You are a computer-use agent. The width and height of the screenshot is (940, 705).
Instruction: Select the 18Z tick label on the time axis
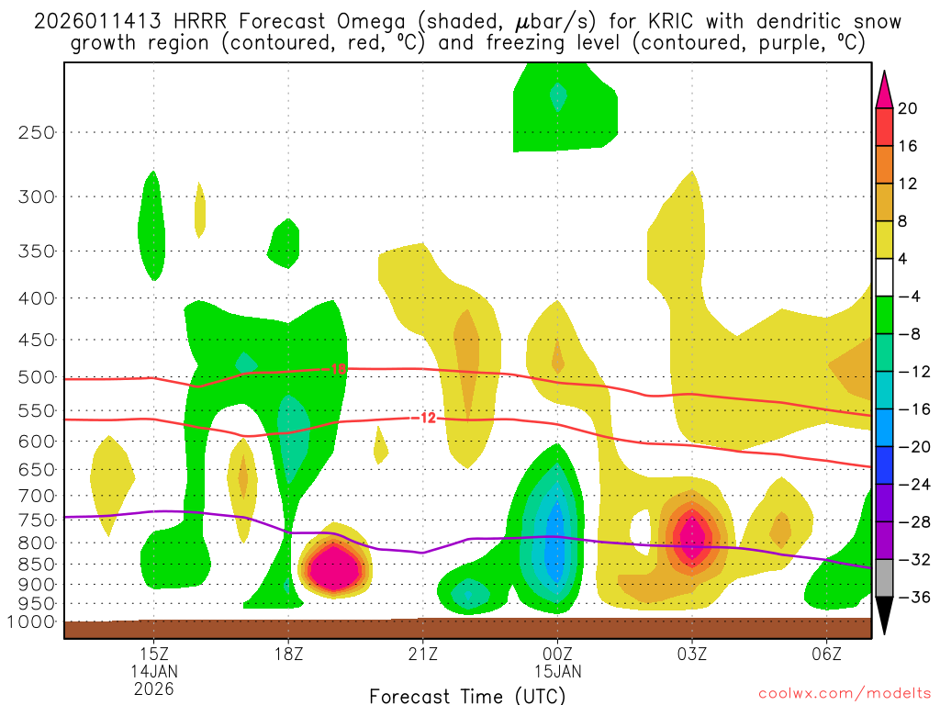(x=288, y=654)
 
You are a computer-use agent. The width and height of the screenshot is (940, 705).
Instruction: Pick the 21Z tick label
(x=422, y=654)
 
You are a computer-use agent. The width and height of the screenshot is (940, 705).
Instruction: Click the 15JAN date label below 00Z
(x=557, y=671)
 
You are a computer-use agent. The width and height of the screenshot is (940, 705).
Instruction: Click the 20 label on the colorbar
(x=908, y=108)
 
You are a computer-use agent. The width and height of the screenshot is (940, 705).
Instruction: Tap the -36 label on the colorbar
(x=912, y=598)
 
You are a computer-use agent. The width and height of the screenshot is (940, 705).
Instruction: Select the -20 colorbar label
(x=912, y=447)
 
